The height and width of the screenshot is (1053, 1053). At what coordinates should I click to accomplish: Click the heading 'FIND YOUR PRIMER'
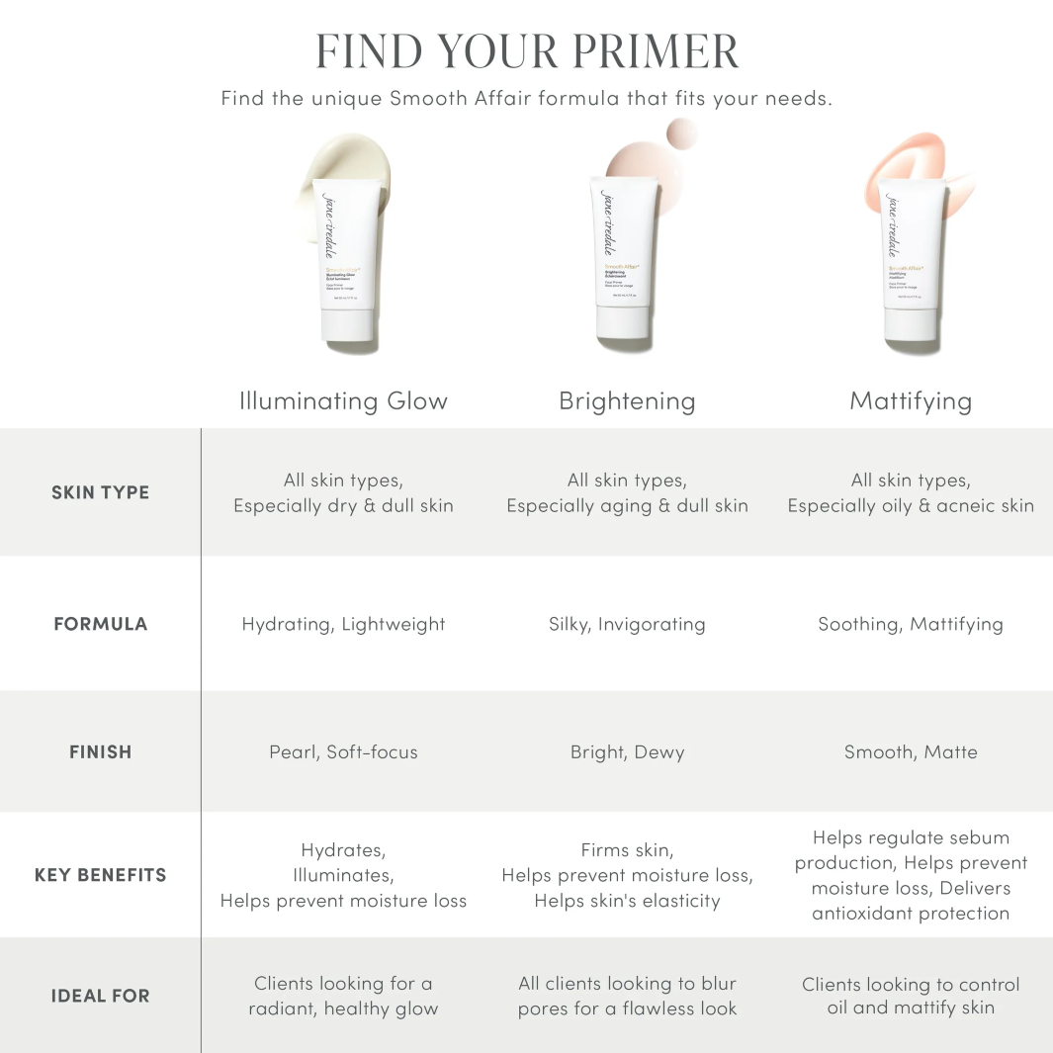526,51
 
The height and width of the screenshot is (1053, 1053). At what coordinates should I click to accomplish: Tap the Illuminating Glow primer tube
344,262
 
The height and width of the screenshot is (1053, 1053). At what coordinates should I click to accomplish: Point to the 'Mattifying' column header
911,401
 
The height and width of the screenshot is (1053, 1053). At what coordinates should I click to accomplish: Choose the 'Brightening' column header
627,401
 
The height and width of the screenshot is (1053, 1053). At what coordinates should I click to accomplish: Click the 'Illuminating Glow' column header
343,401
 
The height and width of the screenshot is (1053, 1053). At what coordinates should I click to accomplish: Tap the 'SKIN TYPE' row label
100,492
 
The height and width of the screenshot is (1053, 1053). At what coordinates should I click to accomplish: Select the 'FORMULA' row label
100,624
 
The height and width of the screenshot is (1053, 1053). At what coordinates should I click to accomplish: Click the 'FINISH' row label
100,752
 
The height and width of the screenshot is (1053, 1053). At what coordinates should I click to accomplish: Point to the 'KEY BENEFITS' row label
100,875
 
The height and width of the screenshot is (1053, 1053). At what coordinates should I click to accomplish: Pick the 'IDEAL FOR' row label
100,996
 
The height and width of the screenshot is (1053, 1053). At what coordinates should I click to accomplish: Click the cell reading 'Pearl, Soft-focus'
343,752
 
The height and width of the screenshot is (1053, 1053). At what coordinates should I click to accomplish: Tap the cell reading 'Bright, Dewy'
627,752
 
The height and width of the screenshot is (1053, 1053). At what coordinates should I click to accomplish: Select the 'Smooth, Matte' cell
911,752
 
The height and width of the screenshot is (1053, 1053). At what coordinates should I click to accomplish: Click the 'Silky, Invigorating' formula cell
627,624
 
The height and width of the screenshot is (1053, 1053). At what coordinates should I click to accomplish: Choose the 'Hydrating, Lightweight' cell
343,624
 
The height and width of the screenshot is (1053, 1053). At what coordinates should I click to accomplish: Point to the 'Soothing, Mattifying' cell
911,624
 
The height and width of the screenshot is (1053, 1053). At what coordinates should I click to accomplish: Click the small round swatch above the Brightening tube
681,132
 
